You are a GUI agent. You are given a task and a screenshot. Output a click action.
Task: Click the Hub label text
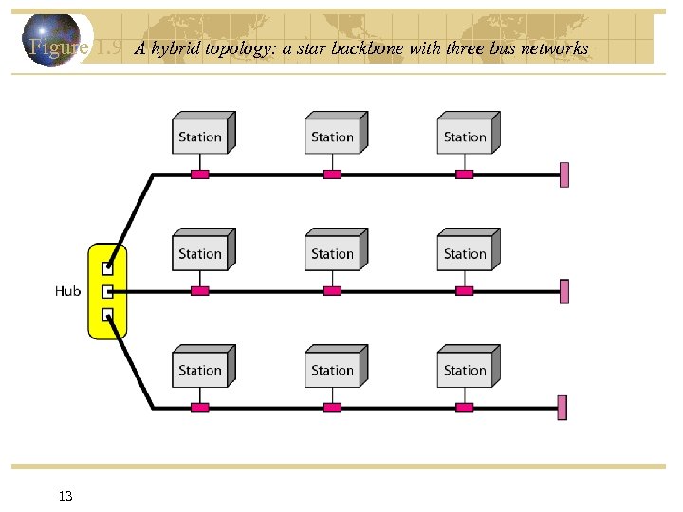tap(67, 291)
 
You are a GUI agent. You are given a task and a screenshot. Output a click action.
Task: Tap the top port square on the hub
tap(108, 268)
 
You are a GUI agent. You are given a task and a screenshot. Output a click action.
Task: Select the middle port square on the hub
tap(108, 291)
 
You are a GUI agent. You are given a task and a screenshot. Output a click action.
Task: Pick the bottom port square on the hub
tap(108, 314)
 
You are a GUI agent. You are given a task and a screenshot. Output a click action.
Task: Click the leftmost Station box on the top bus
tap(200, 136)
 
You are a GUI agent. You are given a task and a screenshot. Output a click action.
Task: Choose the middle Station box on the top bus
tap(333, 136)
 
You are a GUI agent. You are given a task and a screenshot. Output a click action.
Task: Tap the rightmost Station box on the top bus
tap(466, 136)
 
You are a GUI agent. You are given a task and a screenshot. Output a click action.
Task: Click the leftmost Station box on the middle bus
tap(200, 252)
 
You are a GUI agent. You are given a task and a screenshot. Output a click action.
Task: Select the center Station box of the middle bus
tap(333, 252)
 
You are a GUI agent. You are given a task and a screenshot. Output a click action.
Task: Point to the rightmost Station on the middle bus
tap(466, 252)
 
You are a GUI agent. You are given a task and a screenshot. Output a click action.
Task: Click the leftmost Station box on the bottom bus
tap(200, 369)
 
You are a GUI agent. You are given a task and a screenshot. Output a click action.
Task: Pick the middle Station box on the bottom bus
tap(333, 369)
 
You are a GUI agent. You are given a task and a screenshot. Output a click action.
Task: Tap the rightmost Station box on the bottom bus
tap(466, 369)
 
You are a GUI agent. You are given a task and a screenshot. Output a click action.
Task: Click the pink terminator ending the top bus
tap(564, 174)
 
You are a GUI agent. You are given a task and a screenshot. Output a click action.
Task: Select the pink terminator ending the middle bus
tap(564, 291)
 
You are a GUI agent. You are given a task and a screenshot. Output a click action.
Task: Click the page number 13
tap(65, 496)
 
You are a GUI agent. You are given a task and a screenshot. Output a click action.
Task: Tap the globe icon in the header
tap(53, 39)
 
